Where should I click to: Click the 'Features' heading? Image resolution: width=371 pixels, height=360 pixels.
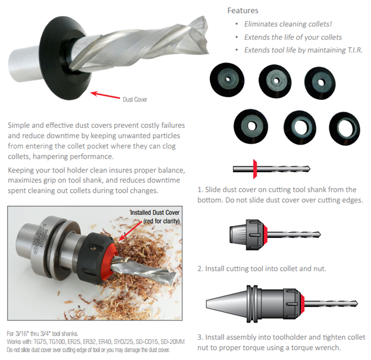coord(243,11)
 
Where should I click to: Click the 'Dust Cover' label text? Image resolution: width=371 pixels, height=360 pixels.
coord(135,99)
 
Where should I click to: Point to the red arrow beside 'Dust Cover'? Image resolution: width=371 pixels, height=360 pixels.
coord(105,95)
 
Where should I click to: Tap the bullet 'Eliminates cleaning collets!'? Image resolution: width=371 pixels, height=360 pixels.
coord(288,24)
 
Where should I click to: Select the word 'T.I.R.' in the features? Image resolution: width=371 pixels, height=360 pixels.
coord(355,50)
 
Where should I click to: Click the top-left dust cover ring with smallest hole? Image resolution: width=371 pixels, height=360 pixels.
coord(227,80)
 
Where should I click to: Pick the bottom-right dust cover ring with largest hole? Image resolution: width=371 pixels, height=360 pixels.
coord(345,129)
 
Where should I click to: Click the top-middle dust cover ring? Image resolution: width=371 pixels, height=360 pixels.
coord(275,82)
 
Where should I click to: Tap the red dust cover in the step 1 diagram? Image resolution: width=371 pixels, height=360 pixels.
coord(255,169)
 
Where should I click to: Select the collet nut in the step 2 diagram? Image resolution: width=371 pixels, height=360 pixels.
coord(255,234)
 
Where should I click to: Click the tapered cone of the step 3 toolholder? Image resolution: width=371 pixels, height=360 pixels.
coord(227,303)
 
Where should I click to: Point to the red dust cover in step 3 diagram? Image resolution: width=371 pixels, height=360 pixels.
coord(302,303)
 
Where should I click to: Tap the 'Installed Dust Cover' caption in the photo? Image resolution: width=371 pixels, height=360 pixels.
coord(155,212)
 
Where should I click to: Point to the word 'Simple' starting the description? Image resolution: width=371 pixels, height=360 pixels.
coord(18,126)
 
